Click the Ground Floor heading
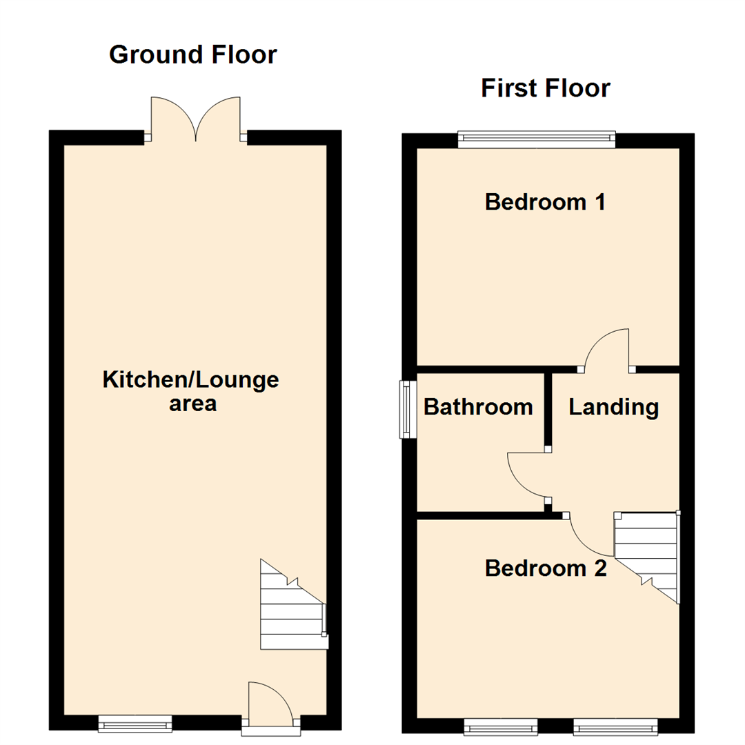[193, 54]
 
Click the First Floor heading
[545, 88]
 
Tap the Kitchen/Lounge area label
[190, 390]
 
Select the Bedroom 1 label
[545, 202]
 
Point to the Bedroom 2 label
[545, 568]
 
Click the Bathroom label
[478, 407]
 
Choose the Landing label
[613, 407]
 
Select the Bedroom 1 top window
[537, 140]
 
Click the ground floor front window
[135, 723]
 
